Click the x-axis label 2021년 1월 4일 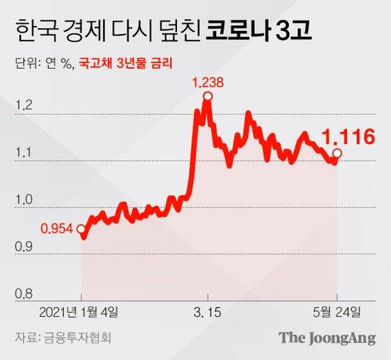coord(83,310)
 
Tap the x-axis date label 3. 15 coord(207,310)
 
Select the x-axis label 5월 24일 coord(338,310)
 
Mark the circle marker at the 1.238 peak coord(208,96)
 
